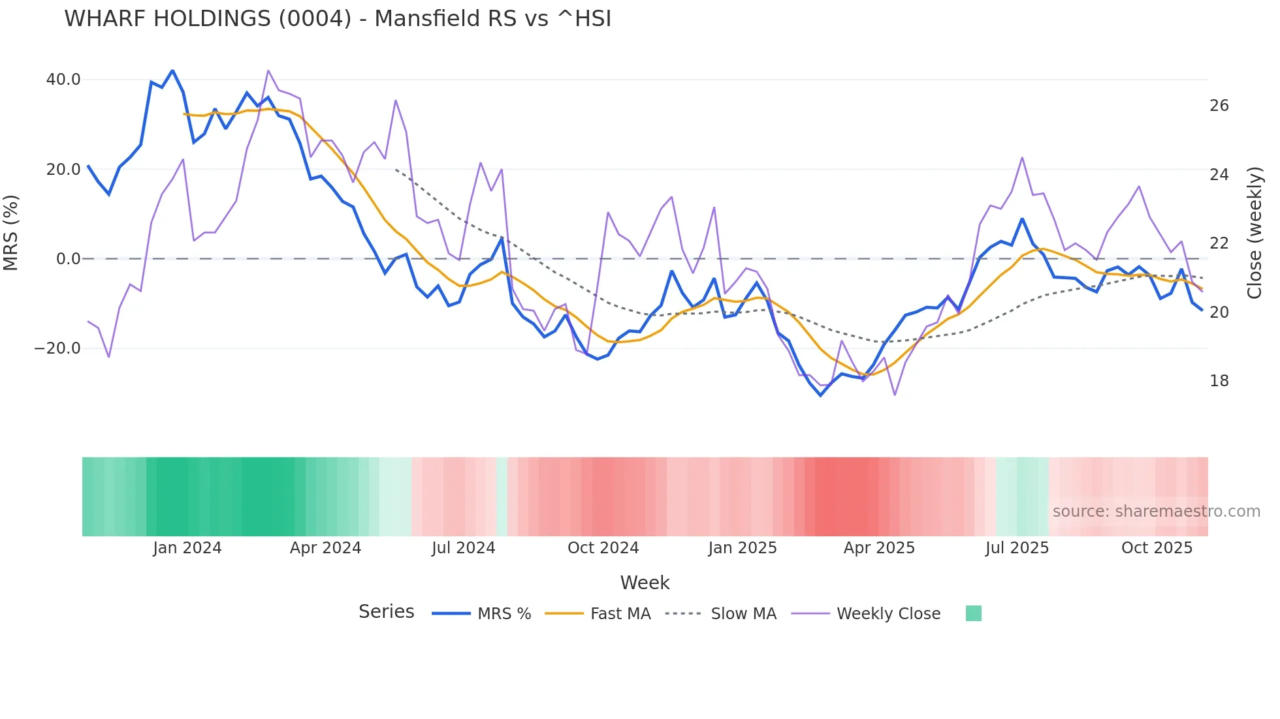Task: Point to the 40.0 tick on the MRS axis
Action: coord(63,80)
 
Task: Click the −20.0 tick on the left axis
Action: coord(57,348)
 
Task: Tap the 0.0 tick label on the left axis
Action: coord(68,259)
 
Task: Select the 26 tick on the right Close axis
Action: coord(1219,106)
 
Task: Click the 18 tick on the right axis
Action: coord(1219,381)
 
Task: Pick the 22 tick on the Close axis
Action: coord(1219,243)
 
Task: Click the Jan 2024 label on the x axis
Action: coord(187,548)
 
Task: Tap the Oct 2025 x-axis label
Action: coord(1157,548)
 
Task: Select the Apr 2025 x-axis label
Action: coord(879,548)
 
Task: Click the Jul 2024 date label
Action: coord(464,548)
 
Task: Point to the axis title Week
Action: coord(645,583)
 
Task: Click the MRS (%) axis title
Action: coord(11,233)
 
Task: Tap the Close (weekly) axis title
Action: coord(1254,233)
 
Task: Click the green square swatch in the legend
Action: coord(973,613)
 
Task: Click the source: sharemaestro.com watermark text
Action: coord(1156,512)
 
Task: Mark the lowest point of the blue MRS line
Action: coord(821,395)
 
